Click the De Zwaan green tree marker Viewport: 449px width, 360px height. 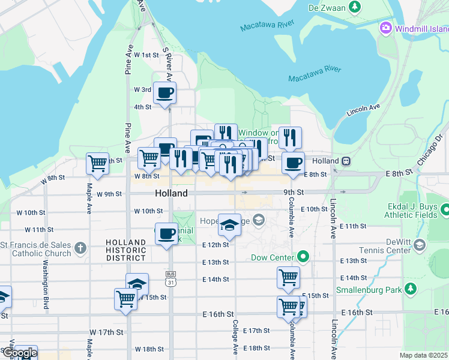(355, 7)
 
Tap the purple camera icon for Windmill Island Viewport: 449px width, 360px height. (385, 28)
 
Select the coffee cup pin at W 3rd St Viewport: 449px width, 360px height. (164, 92)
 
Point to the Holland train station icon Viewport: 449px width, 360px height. (346, 161)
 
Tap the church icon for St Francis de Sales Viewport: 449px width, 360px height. (80, 247)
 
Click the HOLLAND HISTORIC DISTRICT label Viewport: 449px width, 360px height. (125, 250)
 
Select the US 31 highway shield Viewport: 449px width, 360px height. (170, 275)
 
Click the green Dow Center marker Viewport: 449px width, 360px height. (303, 258)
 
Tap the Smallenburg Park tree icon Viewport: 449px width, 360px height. (410, 289)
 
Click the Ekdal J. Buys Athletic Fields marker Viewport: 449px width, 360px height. (445, 210)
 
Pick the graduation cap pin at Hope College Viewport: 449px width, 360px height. (229, 224)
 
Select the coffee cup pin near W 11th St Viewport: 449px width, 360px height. (166, 233)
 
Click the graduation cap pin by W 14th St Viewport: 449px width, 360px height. (137, 284)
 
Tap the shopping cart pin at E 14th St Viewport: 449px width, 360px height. (288, 277)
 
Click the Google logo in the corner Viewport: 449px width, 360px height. (19, 353)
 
